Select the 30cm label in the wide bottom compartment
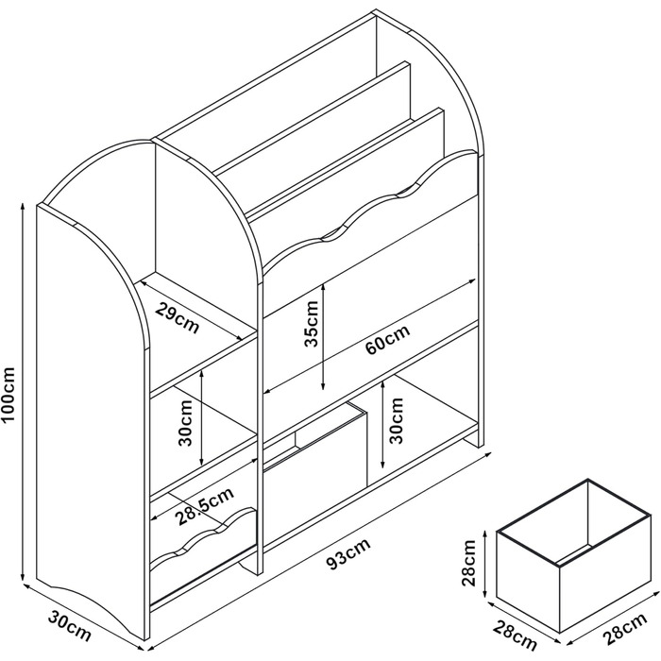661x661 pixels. tap(397, 420)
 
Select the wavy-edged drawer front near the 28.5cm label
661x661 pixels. tap(203, 548)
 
